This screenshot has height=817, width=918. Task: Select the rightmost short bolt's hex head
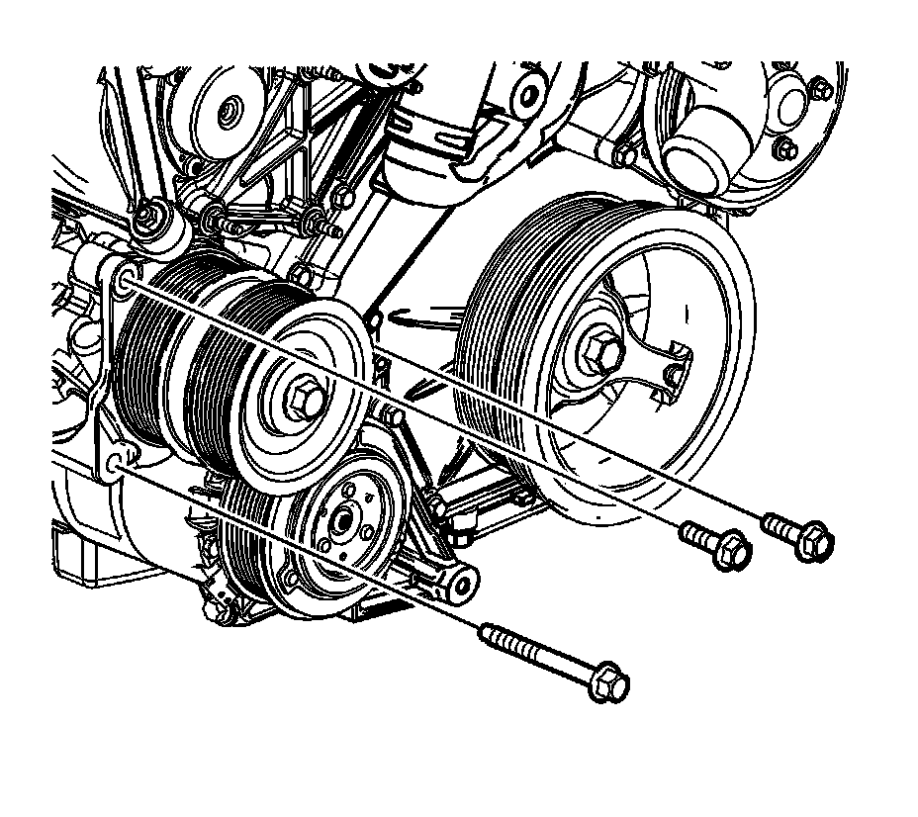[x=814, y=541]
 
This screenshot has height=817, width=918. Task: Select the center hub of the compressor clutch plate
[x=345, y=516]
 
